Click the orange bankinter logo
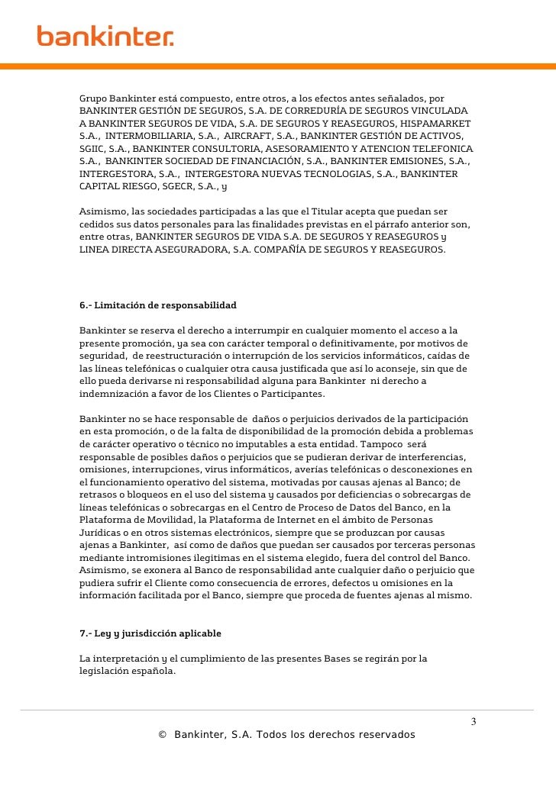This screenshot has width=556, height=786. pos(105,35)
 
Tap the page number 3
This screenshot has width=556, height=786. pos(473,721)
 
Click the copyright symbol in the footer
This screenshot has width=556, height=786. pos(162,735)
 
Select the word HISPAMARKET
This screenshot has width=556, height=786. pos(435,123)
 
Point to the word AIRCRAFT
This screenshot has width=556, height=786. pos(254,135)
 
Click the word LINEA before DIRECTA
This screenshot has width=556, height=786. pos(95,249)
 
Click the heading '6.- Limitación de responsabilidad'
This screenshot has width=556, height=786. pos(158,305)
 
